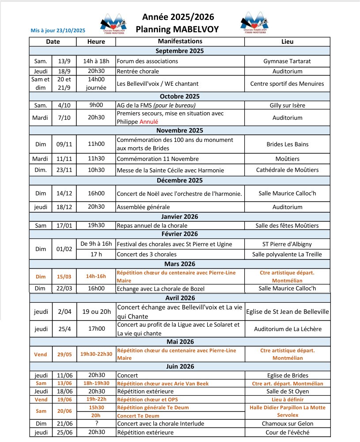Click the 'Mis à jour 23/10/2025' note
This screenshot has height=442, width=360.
pos(58,31)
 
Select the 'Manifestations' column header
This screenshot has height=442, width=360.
pos(179,42)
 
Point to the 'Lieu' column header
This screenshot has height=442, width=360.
pos(287,42)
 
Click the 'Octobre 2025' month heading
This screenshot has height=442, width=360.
pos(179,96)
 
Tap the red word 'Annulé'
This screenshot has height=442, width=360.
pos(148,122)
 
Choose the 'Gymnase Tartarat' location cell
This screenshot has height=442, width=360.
pos(287,61)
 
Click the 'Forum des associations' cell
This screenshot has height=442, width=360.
pos(148,61)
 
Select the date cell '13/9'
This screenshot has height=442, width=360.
pos(64,61)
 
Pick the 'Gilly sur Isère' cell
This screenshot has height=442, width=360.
pos(287,105)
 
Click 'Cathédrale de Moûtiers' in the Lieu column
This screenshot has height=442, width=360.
pos(287,170)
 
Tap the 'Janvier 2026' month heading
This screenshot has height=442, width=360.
pos(179,216)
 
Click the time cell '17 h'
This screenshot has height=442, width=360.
pos(96,254)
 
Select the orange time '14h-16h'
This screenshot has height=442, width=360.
pos(96,276)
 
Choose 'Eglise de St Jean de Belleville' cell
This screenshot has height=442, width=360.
pos(287,312)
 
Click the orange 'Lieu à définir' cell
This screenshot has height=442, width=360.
pos(287,399)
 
